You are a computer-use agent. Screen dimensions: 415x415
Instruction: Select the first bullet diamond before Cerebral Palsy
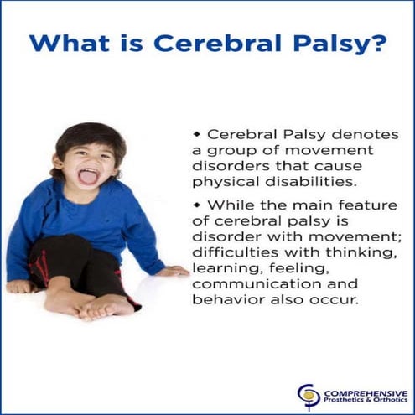pos(197,134)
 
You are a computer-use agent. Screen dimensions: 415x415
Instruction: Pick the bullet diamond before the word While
pos(197,205)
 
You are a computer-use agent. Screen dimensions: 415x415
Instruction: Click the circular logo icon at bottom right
pos(309,396)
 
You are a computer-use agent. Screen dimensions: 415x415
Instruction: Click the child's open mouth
pos(86,177)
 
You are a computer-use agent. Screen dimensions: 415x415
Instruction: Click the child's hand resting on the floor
pos(174,271)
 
